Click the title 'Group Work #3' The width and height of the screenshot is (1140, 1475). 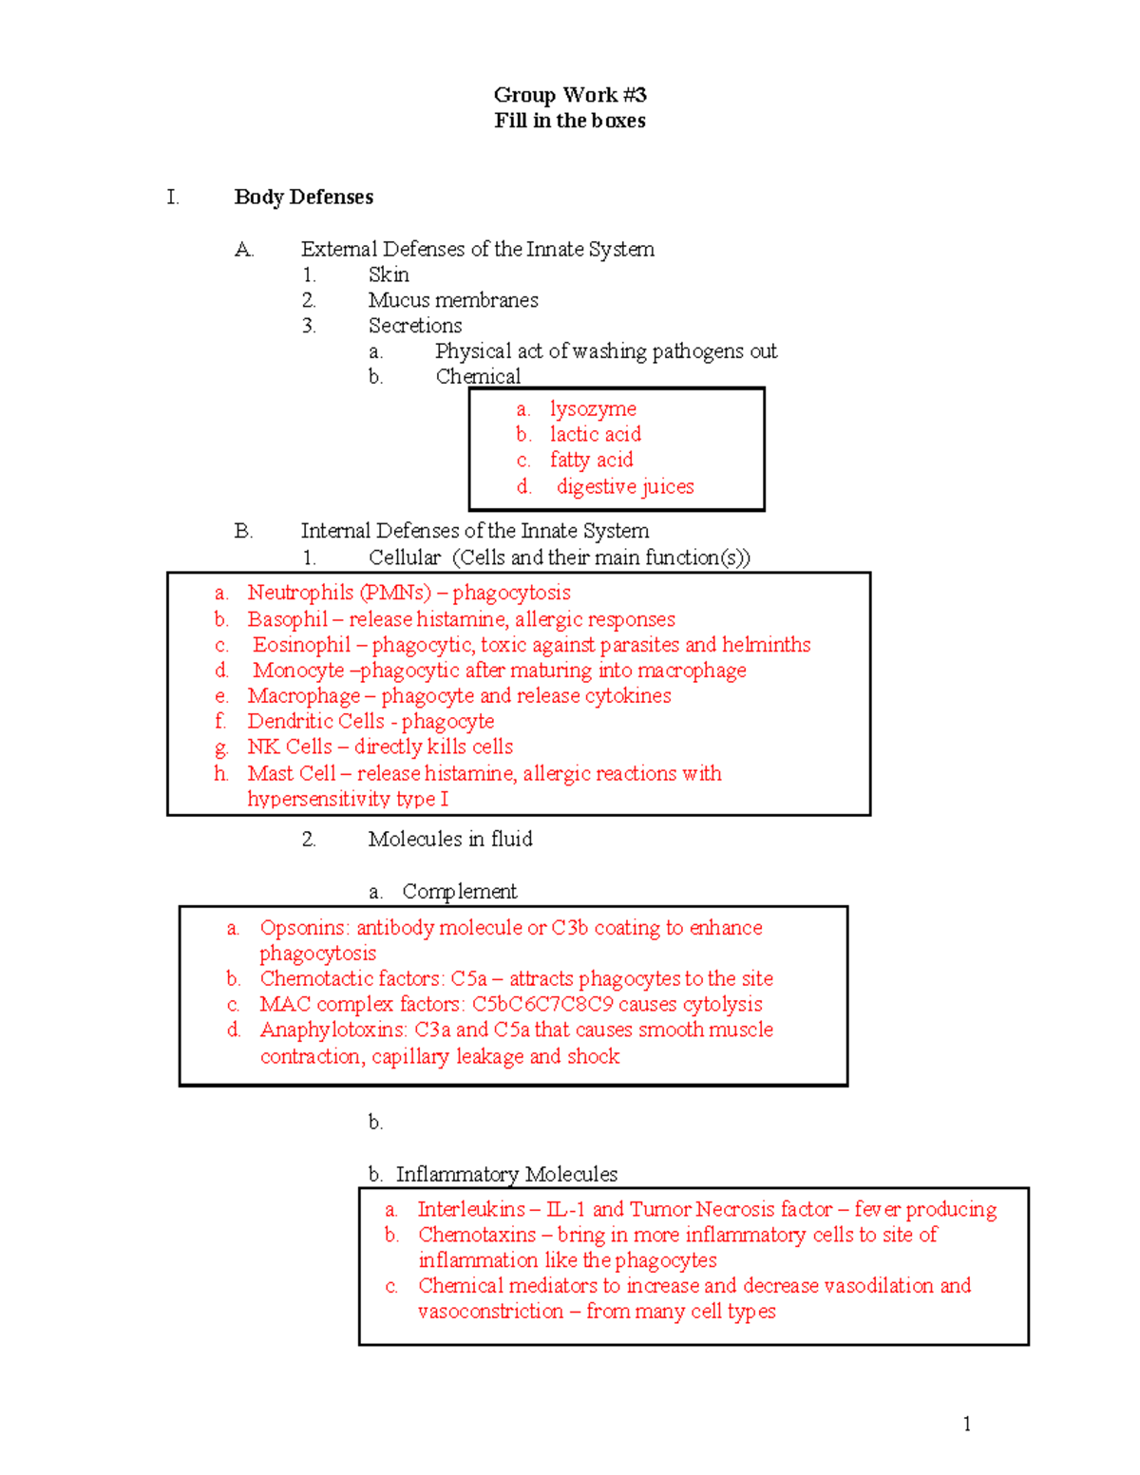point(570,95)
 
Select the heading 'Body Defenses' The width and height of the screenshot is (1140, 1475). point(303,197)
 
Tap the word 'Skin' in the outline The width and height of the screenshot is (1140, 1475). point(389,274)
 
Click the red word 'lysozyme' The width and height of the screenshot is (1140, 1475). point(593,408)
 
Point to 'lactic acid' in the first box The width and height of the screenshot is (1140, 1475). point(595,434)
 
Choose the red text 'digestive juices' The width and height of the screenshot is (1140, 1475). point(625,486)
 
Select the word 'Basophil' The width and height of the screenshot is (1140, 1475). point(287,619)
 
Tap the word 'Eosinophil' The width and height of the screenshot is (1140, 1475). point(302,645)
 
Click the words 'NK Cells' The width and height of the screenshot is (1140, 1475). point(290,747)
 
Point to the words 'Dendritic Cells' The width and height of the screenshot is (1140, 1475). point(315,721)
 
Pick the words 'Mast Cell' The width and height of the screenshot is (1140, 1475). point(292,773)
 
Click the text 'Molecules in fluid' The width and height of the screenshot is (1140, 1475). point(450,839)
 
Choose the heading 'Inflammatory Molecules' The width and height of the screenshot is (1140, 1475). point(506,1174)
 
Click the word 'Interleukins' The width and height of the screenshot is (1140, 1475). point(470,1209)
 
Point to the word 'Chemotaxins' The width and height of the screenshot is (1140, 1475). point(477,1235)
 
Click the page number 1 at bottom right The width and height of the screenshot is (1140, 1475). point(966,1423)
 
